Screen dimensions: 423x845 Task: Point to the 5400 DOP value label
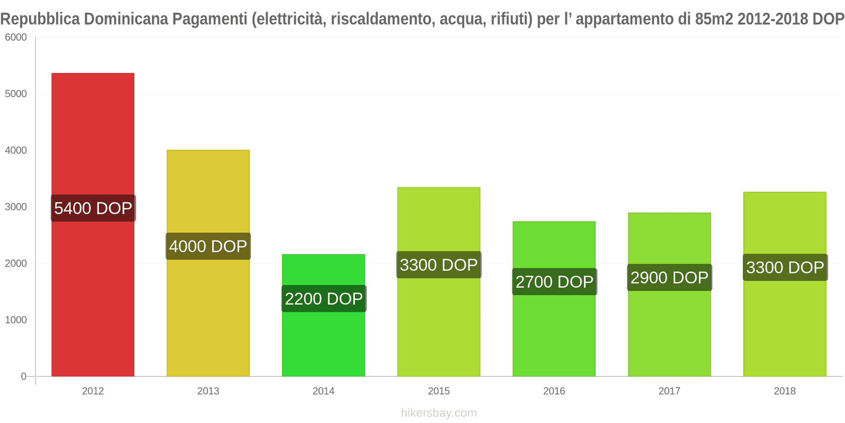coord(93,208)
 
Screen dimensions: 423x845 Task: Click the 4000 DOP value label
coord(208,246)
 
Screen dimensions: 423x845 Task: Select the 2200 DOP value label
coord(324,299)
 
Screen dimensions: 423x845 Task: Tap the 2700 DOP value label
coord(555,282)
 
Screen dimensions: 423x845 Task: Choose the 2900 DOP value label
coord(669,278)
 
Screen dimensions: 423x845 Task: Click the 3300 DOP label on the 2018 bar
coord(785,268)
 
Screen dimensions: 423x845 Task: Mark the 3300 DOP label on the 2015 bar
coord(439,265)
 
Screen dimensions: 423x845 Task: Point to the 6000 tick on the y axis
coord(16,38)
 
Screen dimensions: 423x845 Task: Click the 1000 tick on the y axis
coord(16,320)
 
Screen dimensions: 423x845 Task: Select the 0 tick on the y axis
coord(23,376)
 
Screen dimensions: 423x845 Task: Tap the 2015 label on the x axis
coord(439,391)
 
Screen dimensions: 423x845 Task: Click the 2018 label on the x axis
coord(785,391)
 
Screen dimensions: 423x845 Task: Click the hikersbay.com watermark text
coord(439,413)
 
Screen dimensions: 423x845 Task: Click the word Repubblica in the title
coord(40,19)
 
